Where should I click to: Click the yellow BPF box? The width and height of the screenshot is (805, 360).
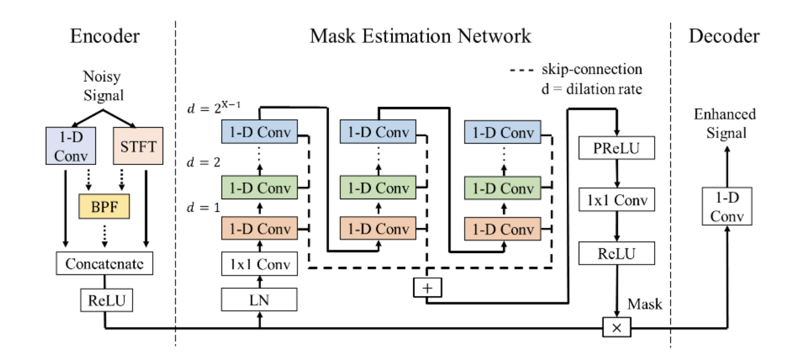(104, 206)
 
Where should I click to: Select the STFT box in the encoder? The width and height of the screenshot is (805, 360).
(138, 146)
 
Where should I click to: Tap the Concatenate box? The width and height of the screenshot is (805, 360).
(104, 264)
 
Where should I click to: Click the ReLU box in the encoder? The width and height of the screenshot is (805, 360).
(107, 300)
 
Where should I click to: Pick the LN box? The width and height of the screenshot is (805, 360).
(259, 300)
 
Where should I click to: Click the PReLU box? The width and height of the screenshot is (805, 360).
(616, 148)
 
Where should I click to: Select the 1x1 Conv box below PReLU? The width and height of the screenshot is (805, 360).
(616, 200)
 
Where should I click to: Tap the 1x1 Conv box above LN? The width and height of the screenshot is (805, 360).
(259, 264)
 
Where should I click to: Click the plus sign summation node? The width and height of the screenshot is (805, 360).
(427, 288)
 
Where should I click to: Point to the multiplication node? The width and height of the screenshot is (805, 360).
(616, 328)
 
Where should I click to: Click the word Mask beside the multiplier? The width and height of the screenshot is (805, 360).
(644, 304)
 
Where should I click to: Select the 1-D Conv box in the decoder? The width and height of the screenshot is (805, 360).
(726, 206)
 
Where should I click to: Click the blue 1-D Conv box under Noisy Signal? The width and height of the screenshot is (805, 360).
(71, 146)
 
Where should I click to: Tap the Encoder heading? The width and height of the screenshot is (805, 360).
(105, 36)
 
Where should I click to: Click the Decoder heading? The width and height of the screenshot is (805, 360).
(724, 36)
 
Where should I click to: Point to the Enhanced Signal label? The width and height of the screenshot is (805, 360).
(725, 123)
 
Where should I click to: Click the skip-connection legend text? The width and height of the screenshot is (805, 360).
(591, 69)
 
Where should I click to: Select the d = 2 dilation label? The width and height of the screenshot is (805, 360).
(203, 162)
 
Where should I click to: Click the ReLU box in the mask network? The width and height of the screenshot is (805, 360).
(616, 253)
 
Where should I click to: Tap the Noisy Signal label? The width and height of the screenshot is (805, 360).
(103, 86)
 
